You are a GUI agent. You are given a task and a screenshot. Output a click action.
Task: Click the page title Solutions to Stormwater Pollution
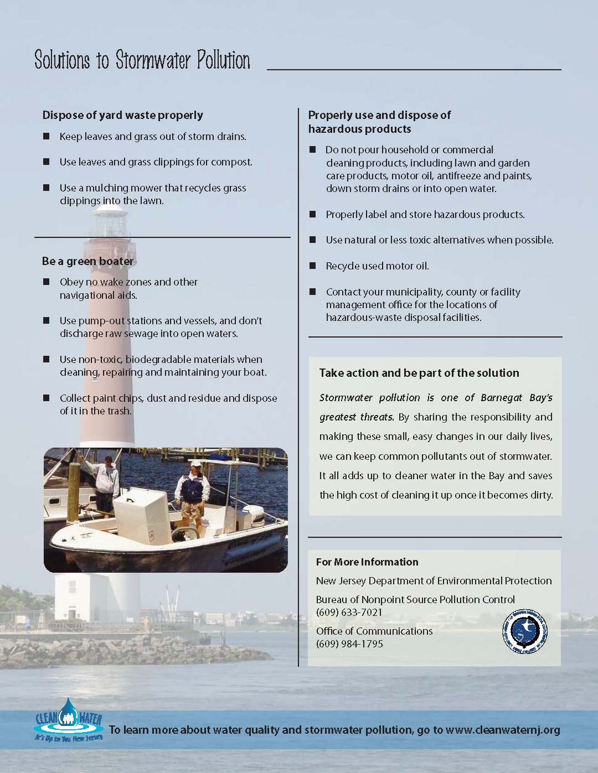click(x=142, y=60)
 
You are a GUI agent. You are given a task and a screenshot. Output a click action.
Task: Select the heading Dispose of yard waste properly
click(x=122, y=115)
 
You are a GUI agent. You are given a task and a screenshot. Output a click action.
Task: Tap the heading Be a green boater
click(x=87, y=261)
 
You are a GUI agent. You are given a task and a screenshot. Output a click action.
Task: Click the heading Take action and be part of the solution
click(x=419, y=373)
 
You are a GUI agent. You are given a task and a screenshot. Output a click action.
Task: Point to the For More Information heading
click(x=367, y=562)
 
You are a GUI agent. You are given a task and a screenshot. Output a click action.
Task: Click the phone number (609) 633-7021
click(x=349, y=612)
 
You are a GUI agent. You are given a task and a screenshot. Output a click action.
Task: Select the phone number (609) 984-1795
click(x=349, y=644)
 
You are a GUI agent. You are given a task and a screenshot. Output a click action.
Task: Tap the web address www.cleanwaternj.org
click(x=503, y=730)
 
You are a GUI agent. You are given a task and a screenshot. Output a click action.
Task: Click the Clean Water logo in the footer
click(x=69, y=719)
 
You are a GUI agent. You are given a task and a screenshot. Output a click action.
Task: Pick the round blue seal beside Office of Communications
click(x=524, y=631)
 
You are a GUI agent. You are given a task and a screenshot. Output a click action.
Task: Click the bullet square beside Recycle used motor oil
click(x=313, y=266)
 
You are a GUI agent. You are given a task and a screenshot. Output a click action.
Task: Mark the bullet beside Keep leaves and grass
click(x=47, y=136)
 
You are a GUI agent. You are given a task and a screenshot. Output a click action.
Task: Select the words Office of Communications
click(x=374, y=631)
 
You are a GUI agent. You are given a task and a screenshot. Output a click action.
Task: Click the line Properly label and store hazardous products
click(x=425, y=214)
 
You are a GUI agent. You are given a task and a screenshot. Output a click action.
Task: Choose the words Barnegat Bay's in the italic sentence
click(x=517, y=397)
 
